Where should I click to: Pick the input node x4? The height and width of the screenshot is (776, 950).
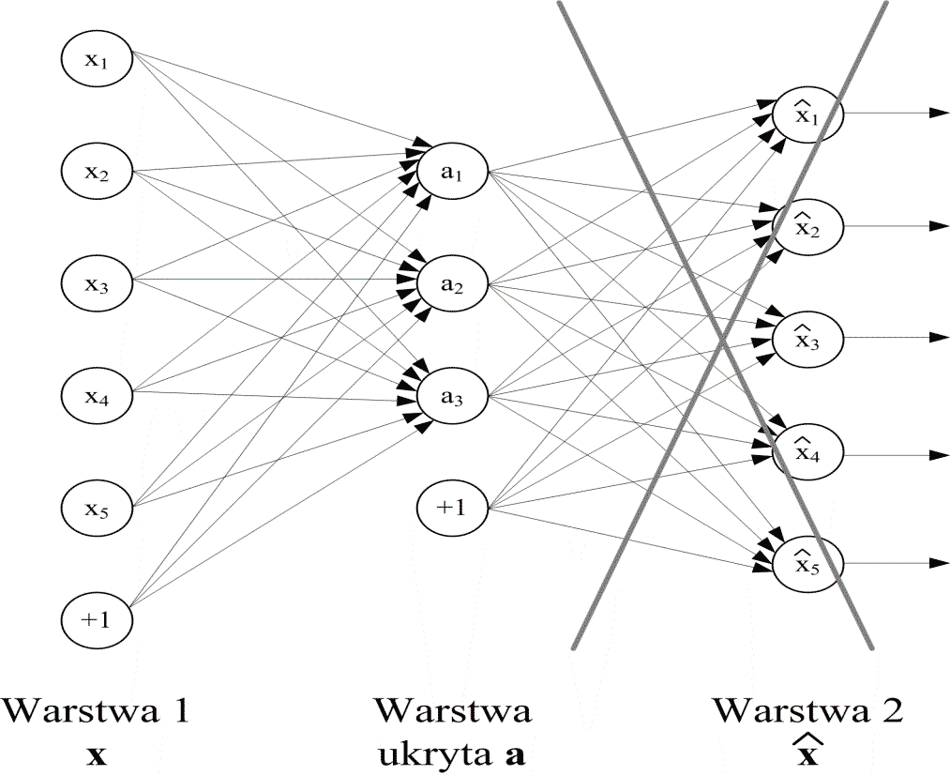(97, 394)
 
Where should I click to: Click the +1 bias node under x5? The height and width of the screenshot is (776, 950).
(97, 619)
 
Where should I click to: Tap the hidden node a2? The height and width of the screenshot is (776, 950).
(453, 283)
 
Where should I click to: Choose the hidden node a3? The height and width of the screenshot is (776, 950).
(453, 396)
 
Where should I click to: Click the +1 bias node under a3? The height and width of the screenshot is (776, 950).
(453, 509)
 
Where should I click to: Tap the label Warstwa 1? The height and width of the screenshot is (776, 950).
(97, 710)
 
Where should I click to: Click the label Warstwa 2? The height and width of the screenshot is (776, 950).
(808, 710)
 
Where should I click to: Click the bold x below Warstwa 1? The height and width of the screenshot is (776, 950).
(97, 755)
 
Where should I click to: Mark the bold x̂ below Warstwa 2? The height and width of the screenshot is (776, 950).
(808, 753)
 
